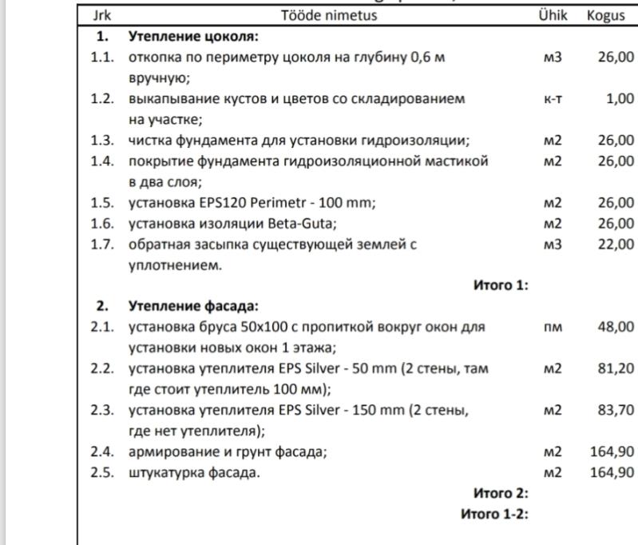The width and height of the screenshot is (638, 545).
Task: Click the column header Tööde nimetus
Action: (x=328, y=15)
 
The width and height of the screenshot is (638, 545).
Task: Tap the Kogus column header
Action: (x=605, y=15)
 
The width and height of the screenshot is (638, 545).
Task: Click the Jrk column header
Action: (x=101, y=15)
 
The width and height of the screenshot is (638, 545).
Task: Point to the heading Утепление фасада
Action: (x=193, y=306)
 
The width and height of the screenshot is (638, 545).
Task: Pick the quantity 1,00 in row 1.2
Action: (x=620, y=99)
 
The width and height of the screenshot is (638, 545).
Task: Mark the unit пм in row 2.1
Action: (x=553, y=327)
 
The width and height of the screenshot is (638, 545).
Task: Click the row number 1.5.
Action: (x=102, y=203)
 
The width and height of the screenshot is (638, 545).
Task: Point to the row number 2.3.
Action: (x=102, y=411)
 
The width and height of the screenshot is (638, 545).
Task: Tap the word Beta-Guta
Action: (x=303, y=224)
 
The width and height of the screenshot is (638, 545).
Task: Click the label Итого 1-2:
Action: (x=495, y=514)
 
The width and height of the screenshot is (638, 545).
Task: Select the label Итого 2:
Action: (x=501, y=493)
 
